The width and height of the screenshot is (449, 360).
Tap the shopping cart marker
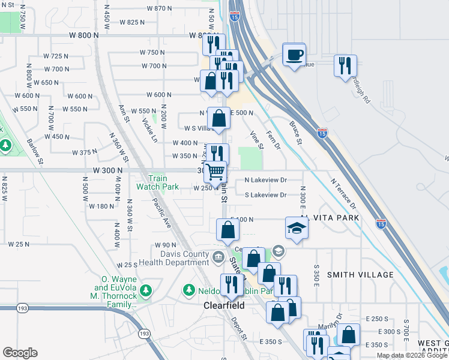[x=215, y=172]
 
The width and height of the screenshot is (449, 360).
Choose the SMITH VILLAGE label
[x=360, y=275]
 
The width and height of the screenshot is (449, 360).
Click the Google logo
[x=20, y=353]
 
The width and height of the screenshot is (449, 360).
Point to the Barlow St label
[x=34, y=152]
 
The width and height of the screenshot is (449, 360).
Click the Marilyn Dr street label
[x=334, y=322]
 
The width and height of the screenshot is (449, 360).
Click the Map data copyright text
[x=411, y=355]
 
